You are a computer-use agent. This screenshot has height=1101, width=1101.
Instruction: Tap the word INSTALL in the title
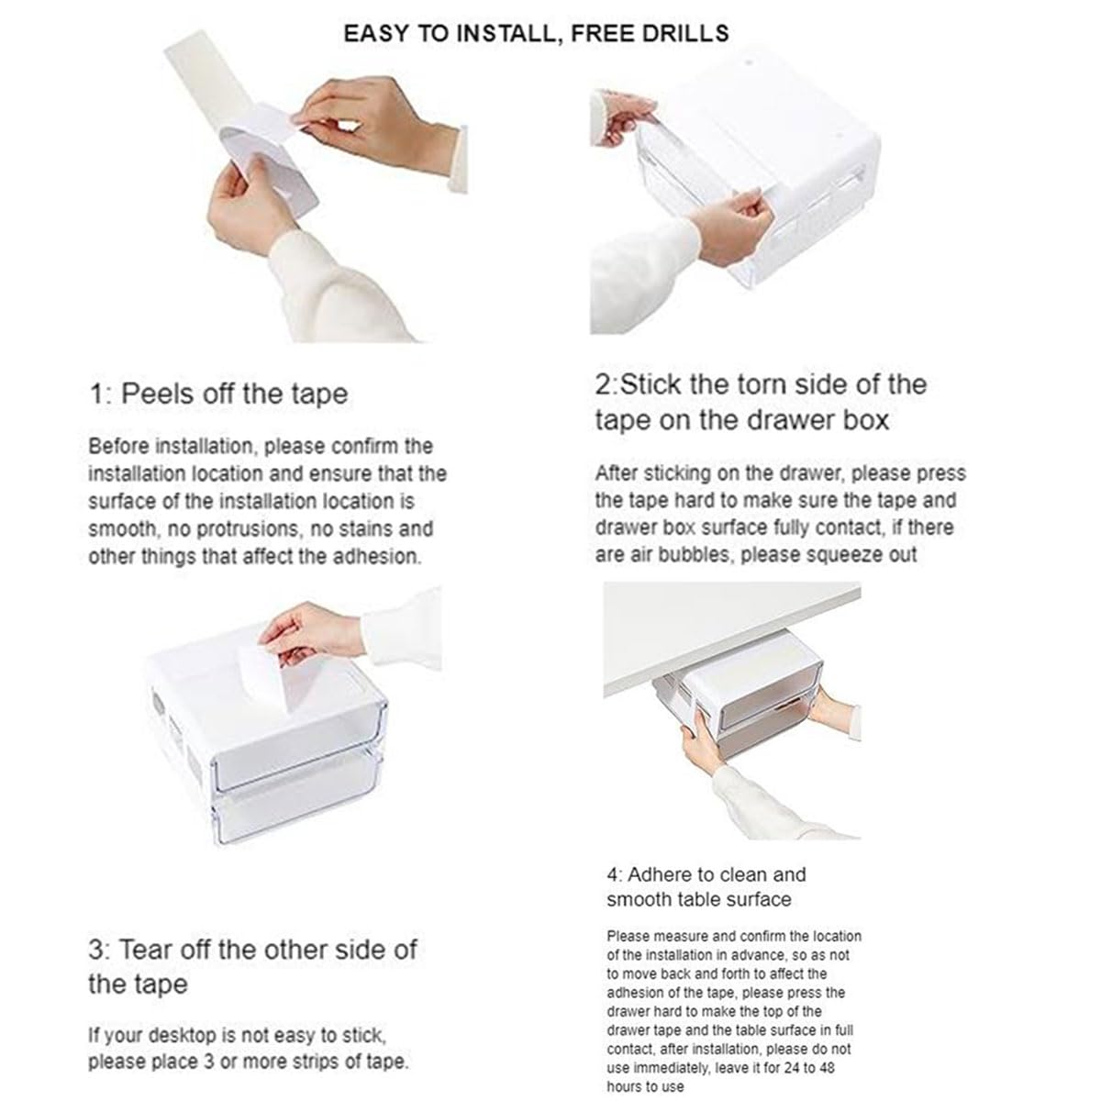tap(504, 33)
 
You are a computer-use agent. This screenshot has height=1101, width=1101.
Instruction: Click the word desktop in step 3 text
tap(182, 1035)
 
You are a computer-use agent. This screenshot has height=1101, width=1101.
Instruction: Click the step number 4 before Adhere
tap(614, 874)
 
